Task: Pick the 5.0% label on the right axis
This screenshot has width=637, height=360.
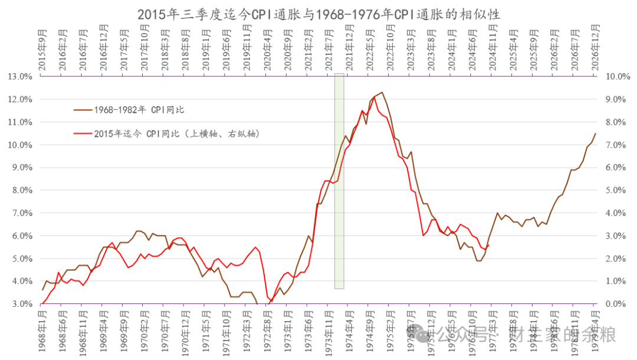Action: [x=613, y=190]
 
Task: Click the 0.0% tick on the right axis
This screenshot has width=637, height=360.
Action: [x=613, y=304]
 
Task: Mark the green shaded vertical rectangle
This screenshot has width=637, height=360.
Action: [x=339, y=181]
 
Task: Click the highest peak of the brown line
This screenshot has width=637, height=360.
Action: [x=382, y=92]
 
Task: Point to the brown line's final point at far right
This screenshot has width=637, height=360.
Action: [x=595, y=133]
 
